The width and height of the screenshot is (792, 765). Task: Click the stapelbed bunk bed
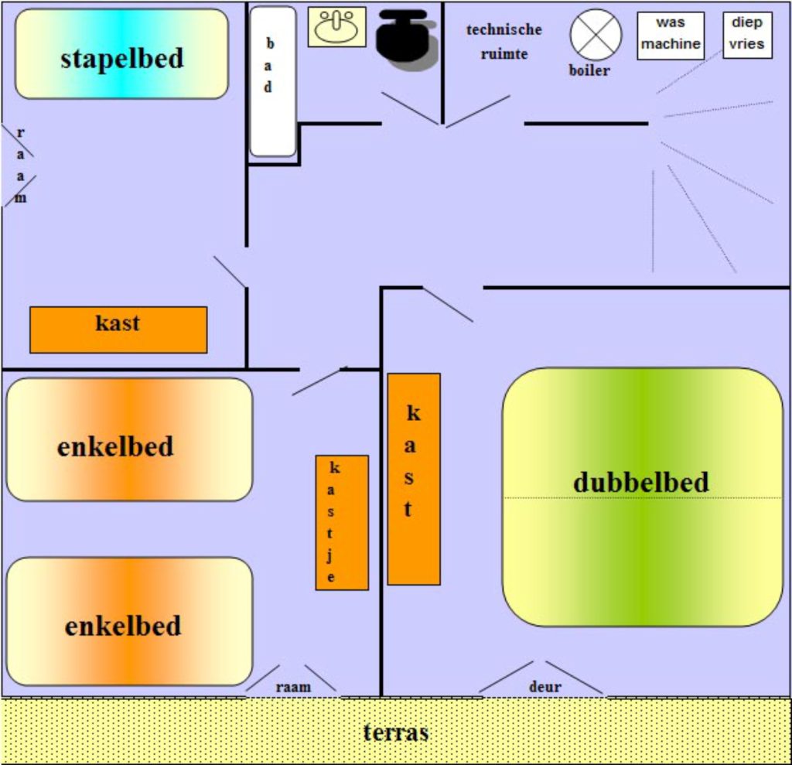click(x=121, y=54)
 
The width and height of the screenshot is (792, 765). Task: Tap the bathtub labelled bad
click(x=272, y=81)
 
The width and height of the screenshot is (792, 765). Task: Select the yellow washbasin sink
click(x=336, y=27)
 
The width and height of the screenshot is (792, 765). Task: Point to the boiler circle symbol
click(x=596, y=34)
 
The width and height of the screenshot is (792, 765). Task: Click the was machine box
click(x=671, y=36)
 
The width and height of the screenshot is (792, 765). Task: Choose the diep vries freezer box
click(x=747, y=35)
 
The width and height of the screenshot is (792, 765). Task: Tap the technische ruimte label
click(x=504, y=41)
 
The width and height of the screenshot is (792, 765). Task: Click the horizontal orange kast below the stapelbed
click(x=118, y=330)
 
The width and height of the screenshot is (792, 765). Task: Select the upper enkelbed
click(x=129, y=439)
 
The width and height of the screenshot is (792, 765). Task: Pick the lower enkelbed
click(x=129, y=621)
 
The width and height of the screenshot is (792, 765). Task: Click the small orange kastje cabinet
click(x=341, y=523)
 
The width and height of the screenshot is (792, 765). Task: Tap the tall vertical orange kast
click(x=414, y=479)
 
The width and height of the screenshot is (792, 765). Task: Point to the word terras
click(x=396, y=732)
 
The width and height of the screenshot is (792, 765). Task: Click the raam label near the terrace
click(x=293, y=686)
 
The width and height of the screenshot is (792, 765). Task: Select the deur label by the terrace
click(x=544, y=686)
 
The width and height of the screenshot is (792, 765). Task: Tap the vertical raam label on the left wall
click(x=21, y=165)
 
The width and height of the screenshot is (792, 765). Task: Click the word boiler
click(x=589, y=71)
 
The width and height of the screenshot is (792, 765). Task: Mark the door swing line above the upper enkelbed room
click(x=317, y=381)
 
